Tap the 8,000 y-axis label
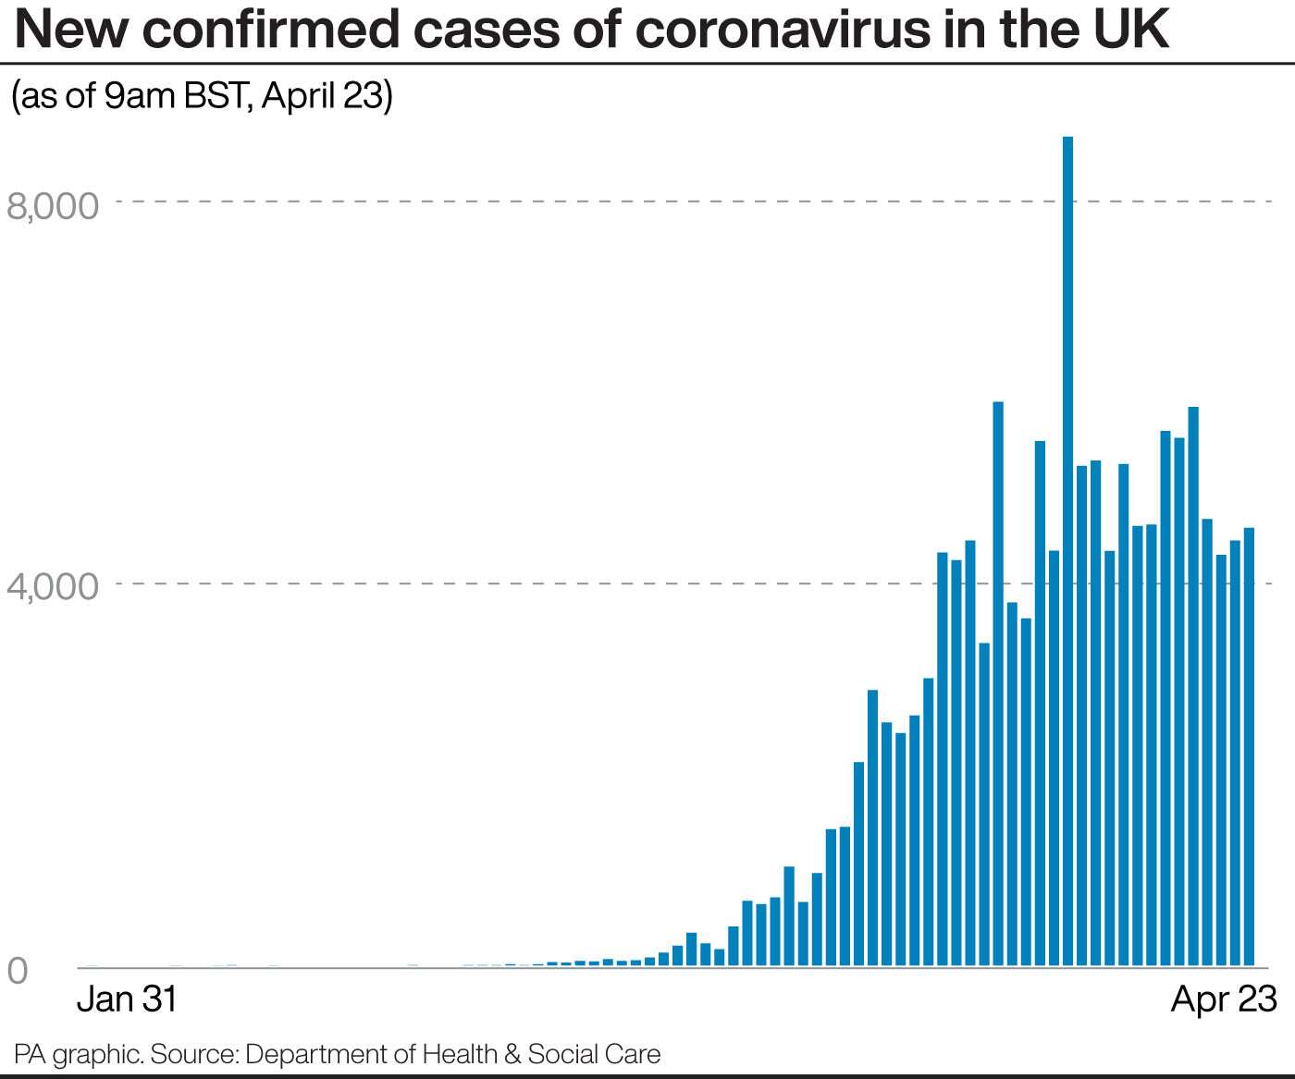click(x=53, y=205)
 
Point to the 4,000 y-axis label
click(x=53, y=586)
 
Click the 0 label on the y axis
click(x=18, y=971)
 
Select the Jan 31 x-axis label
click(x=127, y=999)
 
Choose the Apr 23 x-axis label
click(x=1224, y=999)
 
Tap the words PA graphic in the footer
click(x=78, y=1054)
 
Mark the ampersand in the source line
click(x=512, y=1054)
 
